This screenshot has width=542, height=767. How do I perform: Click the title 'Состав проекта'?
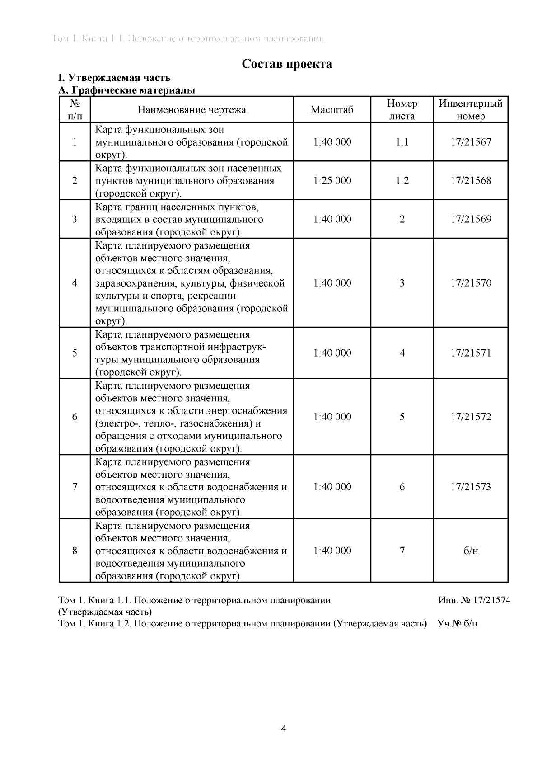(x=287, y=64)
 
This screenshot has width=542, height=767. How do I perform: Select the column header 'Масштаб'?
(x=332, y=110)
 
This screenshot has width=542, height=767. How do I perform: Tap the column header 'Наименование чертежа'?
(x=192, y=110)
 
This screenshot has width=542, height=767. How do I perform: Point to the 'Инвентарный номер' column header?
(x=471, y=110)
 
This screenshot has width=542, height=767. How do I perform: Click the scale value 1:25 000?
(x=332, y=180)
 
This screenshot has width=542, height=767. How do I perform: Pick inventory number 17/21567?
(x=471, y=142)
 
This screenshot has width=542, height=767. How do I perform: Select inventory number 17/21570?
(x=471, y=283)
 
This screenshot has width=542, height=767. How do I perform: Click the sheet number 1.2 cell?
(x=402, y=180)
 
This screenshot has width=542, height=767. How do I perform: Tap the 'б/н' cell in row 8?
(x=471, y=551)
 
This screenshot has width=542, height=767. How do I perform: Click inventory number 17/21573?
(x=471, y=487)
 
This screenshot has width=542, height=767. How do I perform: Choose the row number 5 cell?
(x=75, y=353)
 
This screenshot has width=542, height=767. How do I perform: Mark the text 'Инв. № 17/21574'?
(x=474, y=600)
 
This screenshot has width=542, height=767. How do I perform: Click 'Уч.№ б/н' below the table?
(x=457, y=624)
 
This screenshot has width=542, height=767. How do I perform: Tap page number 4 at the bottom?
(x=284, y=728)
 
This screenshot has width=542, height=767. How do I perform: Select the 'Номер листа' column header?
(x=402, y=110)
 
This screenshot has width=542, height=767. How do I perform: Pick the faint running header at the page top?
(x=188, y=38)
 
